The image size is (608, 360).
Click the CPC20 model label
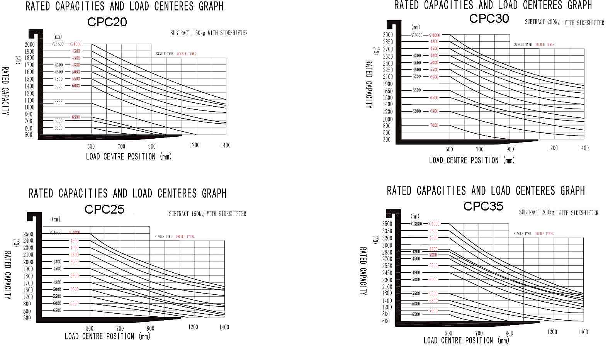(x=107, y=22)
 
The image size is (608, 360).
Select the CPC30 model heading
(x=489, y=18)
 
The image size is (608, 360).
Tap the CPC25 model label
(x=104, y=209)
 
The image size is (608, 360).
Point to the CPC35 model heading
(x=483, y=206)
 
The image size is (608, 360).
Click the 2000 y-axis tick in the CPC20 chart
(x=30, y=44)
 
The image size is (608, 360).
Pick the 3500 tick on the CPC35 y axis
(x=387, y=224)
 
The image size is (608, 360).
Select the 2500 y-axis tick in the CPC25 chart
(x=28, y=234)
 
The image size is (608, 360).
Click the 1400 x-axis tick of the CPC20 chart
(x=225, y=145)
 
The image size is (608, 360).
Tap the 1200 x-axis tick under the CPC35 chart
(x=552, y=332)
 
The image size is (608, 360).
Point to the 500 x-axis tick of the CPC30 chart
(x=449, y=149)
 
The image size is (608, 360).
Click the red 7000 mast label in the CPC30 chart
(x=434, y=125)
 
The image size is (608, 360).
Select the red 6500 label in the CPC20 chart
(x=75, y=117)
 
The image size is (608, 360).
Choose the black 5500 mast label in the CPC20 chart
(x=58, y=104)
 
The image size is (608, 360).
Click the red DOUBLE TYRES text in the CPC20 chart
(x=187, y=54)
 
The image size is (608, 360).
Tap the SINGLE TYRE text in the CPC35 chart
(x=522, y=234)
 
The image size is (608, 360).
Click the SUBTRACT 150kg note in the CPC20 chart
(x=209, y=33)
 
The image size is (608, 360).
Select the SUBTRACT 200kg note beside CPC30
(x=564, y=22)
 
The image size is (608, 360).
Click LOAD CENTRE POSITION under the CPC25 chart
(x=107, y=336)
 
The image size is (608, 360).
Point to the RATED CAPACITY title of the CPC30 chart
(x=369, y=84)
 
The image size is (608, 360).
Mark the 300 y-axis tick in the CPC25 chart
(x=27, y=318)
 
